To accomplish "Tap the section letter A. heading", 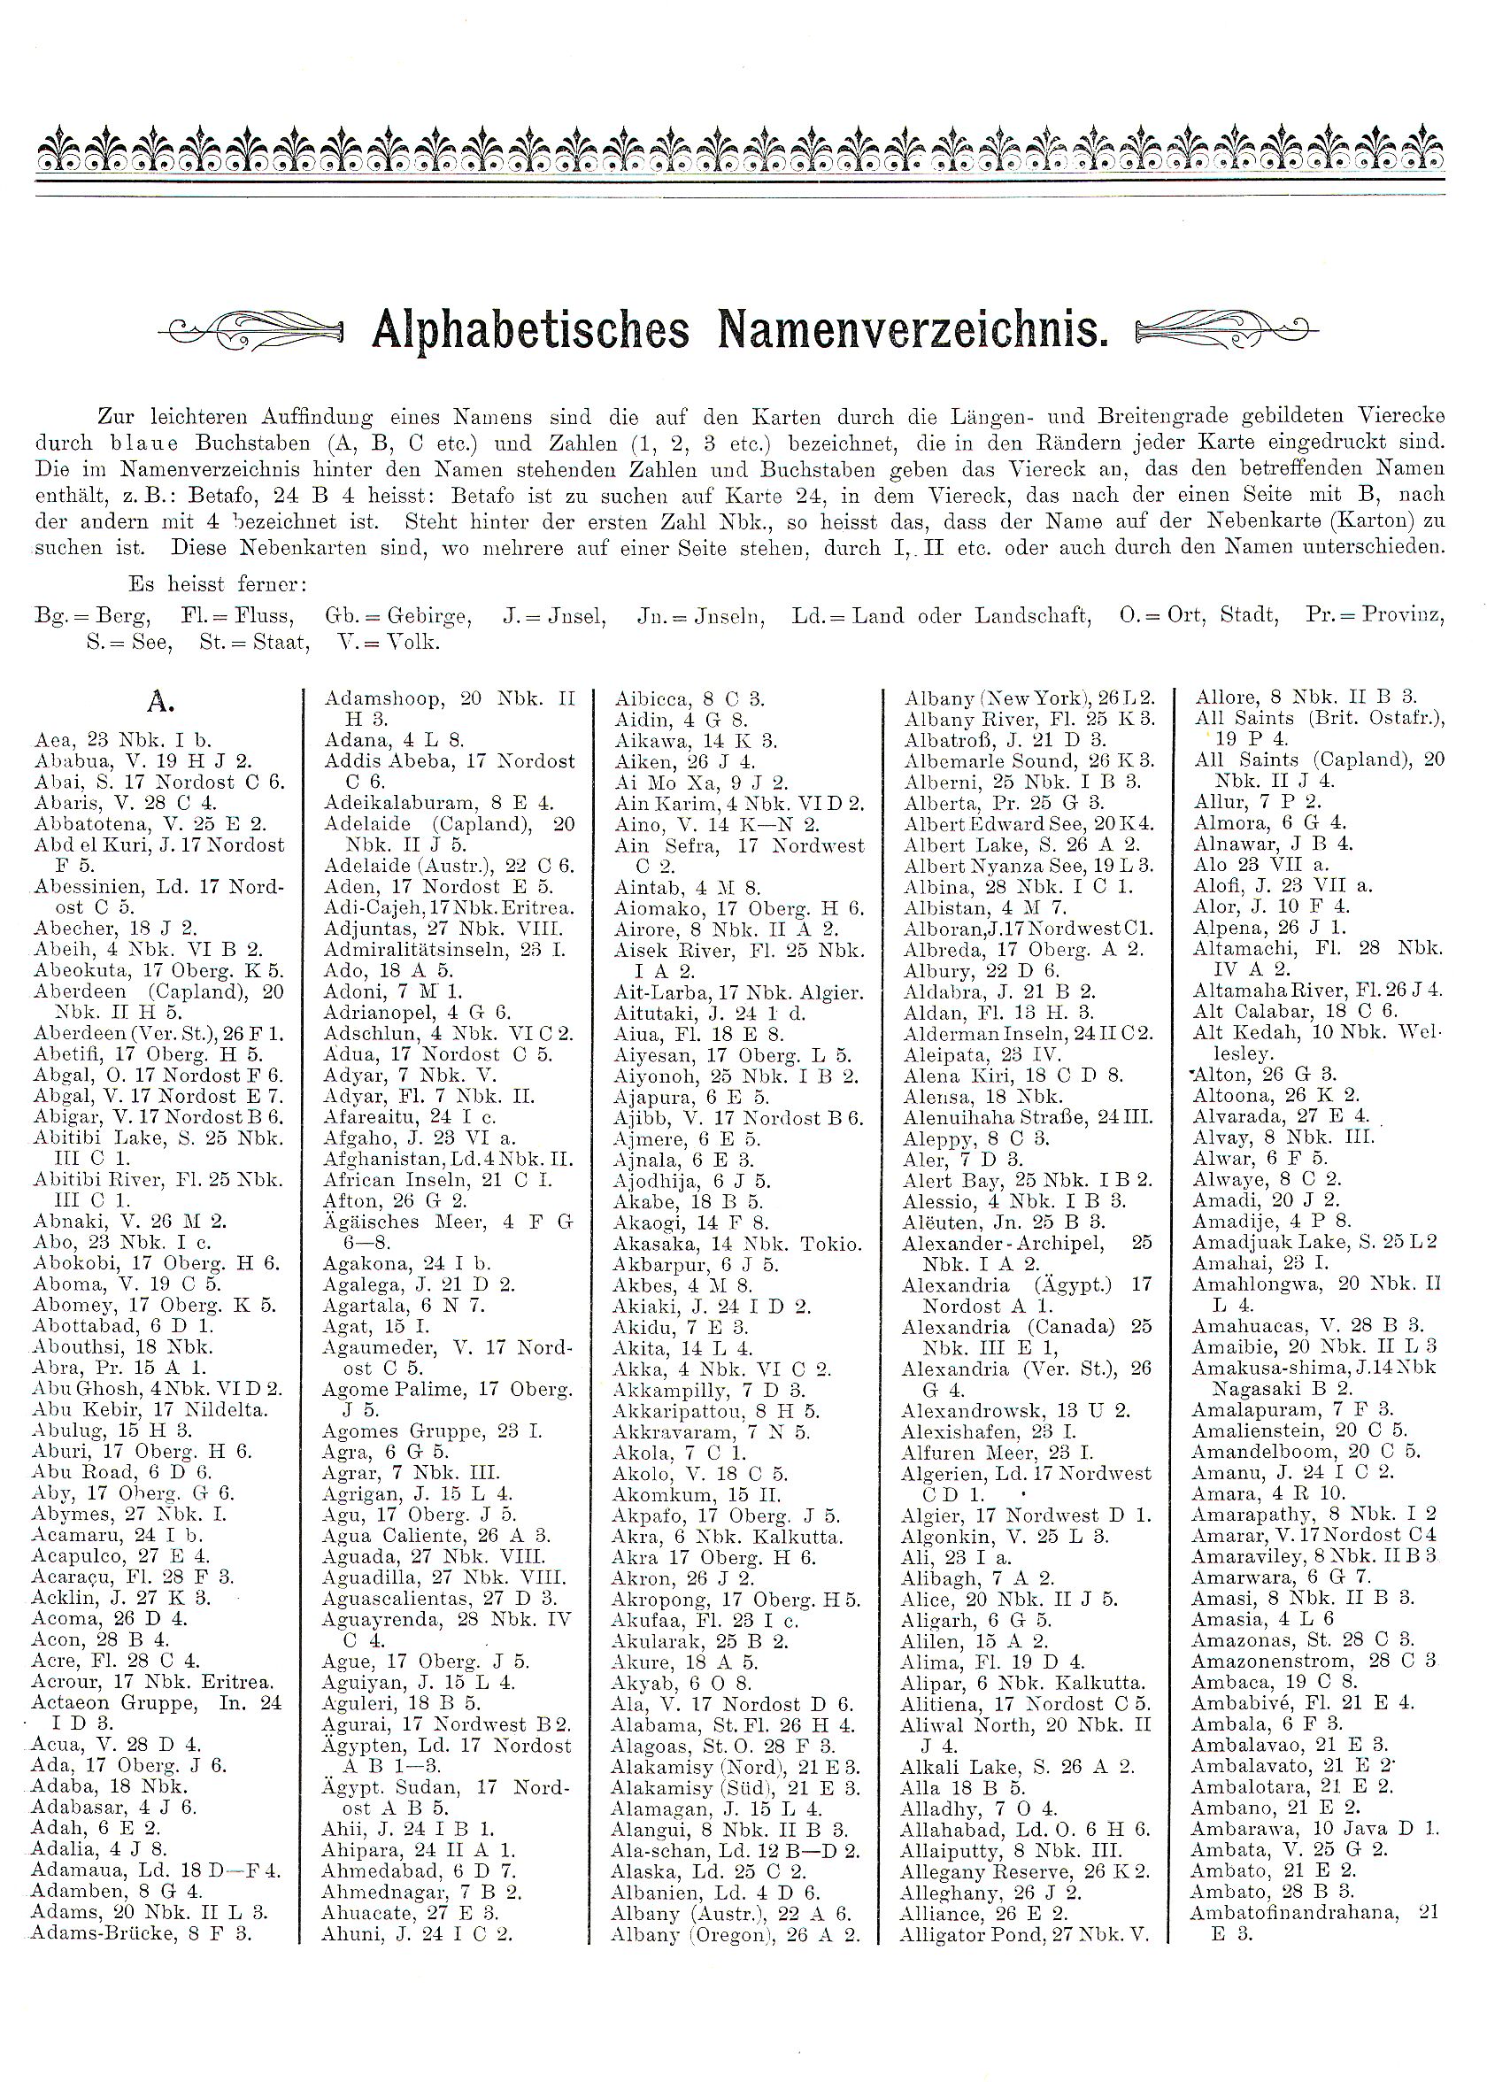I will [160, 702].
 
